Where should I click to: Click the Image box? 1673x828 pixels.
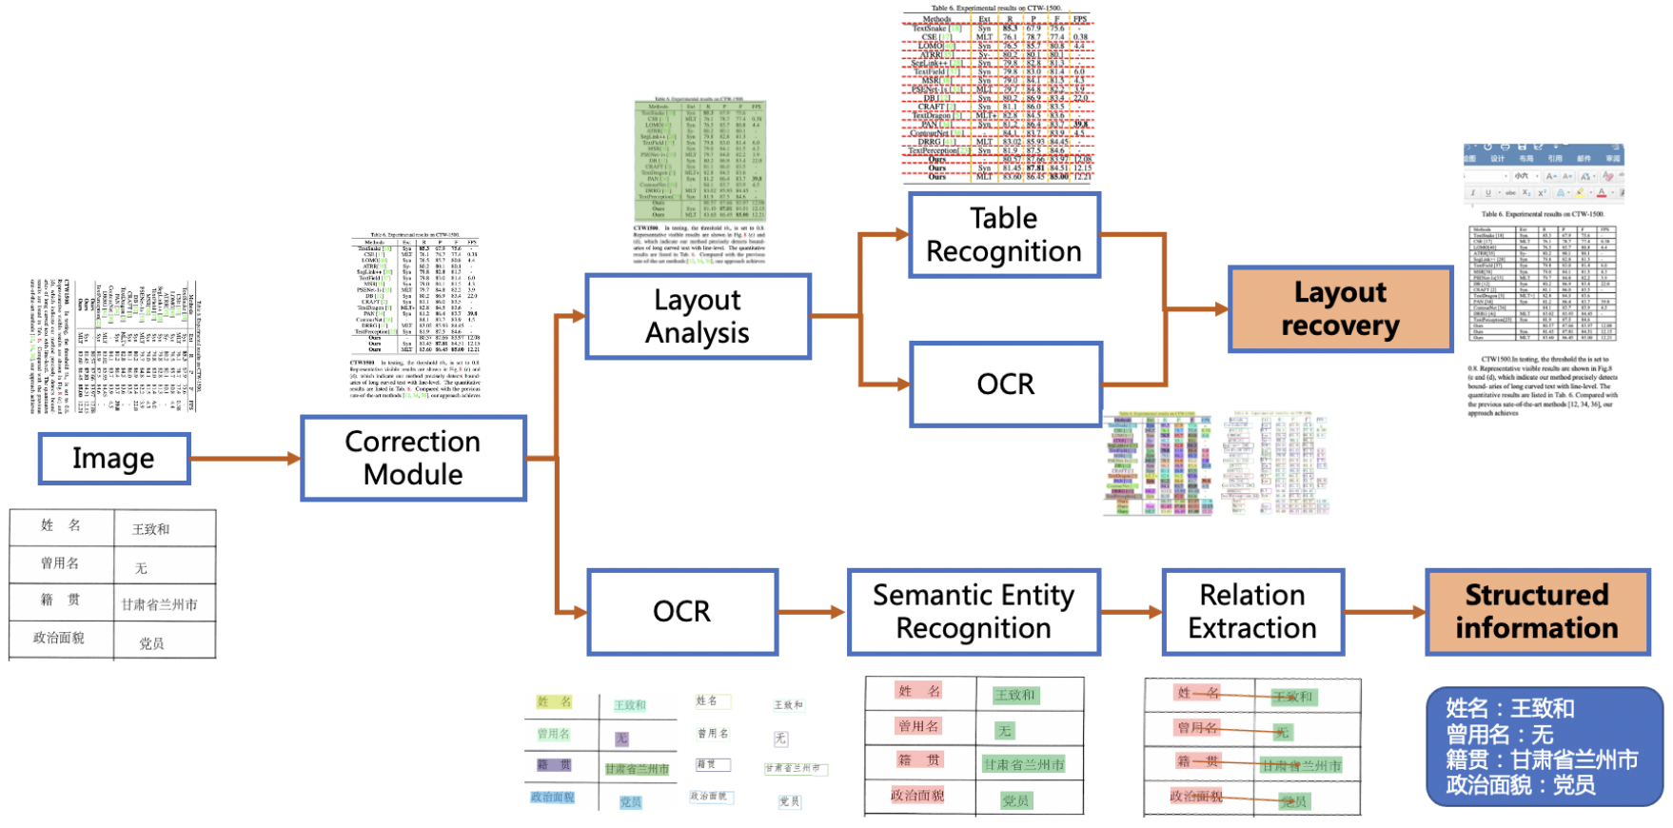pos(114,459)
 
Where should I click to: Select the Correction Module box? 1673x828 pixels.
pos(413,458)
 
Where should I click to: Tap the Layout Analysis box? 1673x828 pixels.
pos(698,316)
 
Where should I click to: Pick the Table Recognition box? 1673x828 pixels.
pos(1004,235)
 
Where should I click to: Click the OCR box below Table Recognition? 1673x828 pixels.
pos(1005,384)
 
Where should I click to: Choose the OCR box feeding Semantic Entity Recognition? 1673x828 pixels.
pos(682,611)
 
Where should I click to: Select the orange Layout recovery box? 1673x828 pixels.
pos(1340,309)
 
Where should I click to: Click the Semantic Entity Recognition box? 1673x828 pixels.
pos(974,611)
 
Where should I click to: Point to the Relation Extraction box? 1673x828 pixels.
pos(1252,611)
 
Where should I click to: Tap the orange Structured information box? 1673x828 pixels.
pos(1537,611)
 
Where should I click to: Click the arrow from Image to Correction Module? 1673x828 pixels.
pos(246,459)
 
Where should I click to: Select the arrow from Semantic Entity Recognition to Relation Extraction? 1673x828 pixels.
pos(1132,612)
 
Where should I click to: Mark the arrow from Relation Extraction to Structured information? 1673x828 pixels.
pos(1385,612)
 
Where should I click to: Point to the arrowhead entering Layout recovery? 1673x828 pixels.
pos(1221,309)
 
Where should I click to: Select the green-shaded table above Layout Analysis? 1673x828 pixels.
pos(699,162)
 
